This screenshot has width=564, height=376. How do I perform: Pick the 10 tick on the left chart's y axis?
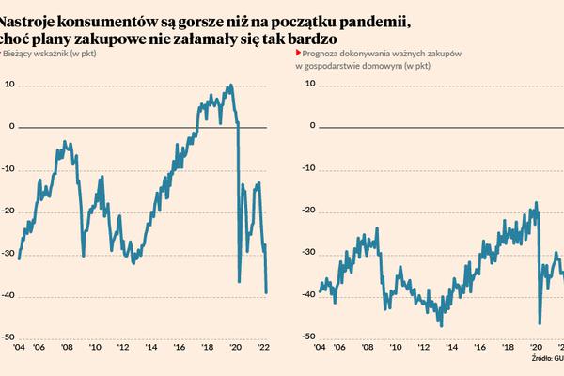(x=10, y=85)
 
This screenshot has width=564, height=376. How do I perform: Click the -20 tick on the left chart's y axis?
(x=8, y=211)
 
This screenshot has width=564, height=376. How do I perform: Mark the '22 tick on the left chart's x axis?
(x=263, y=348)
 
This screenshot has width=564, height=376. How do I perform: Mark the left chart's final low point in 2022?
(x=266, y=292)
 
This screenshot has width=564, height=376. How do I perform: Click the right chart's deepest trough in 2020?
(x=539, y=322)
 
